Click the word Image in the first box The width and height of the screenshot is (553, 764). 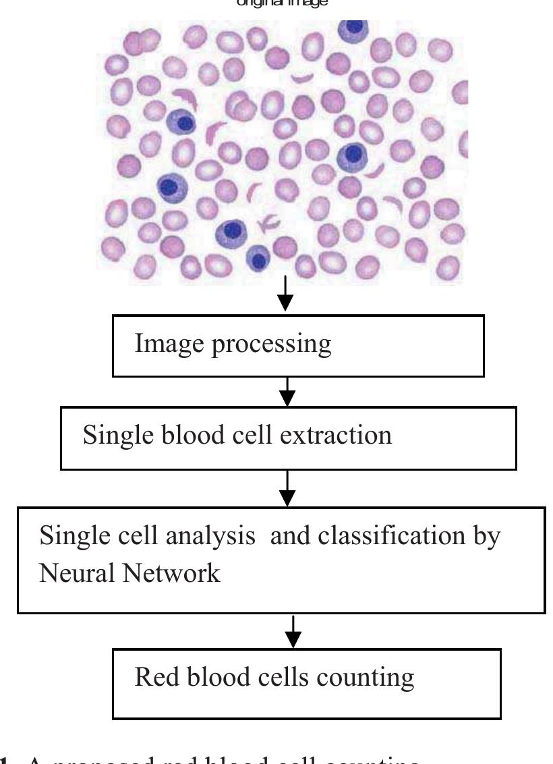[163, 345]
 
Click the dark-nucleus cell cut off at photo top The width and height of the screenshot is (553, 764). [353, 29]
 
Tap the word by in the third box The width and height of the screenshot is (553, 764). [485, 537]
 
